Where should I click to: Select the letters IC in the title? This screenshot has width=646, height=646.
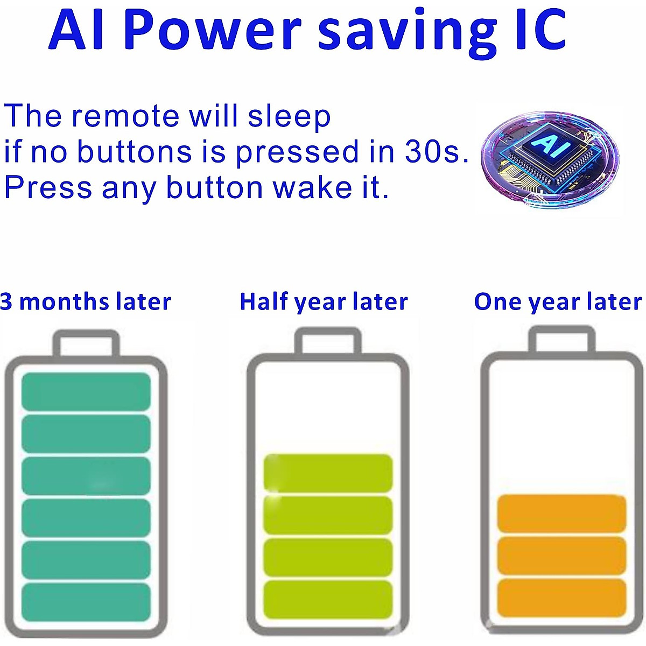click(541, 29)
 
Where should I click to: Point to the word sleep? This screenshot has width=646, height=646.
click(289, 116)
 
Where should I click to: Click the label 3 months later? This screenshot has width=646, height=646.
click(86, 301)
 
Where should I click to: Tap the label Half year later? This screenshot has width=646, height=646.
click(324, 301)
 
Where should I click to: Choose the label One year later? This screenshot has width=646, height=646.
click(558, 301)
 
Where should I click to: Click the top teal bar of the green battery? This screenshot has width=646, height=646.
click(86, 391)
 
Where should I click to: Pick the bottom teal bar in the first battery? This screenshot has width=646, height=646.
click(86, 602)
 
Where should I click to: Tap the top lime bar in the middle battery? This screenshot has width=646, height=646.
click(328, 473)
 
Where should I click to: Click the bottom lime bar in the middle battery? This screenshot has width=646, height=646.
click(328, 600)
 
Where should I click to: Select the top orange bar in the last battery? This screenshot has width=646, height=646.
click(562, 513)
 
